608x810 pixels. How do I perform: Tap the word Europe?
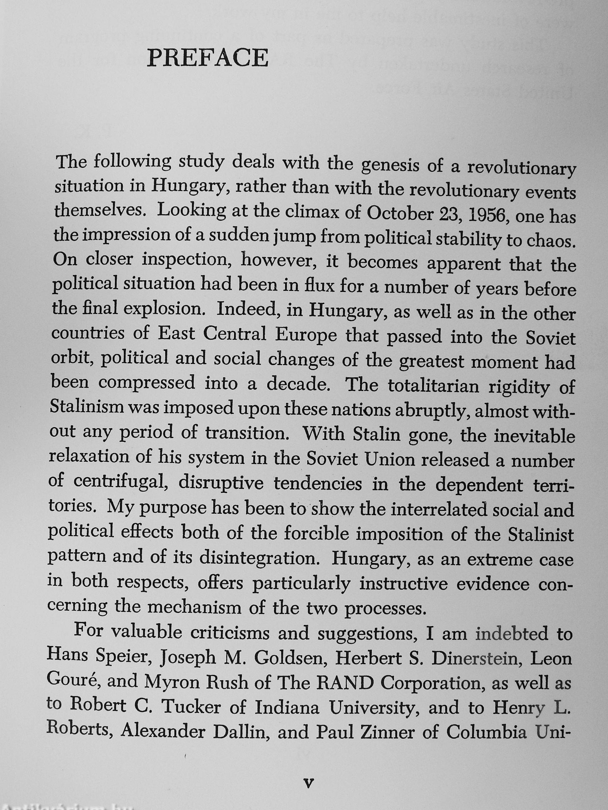coord(306,335)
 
